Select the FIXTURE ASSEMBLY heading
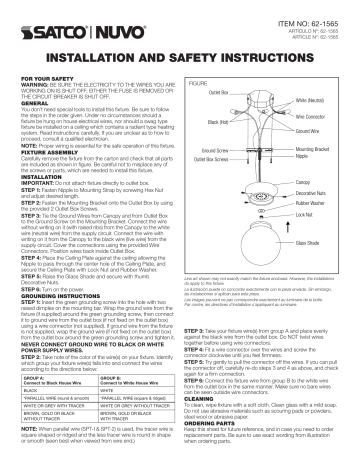pos(47,142)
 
